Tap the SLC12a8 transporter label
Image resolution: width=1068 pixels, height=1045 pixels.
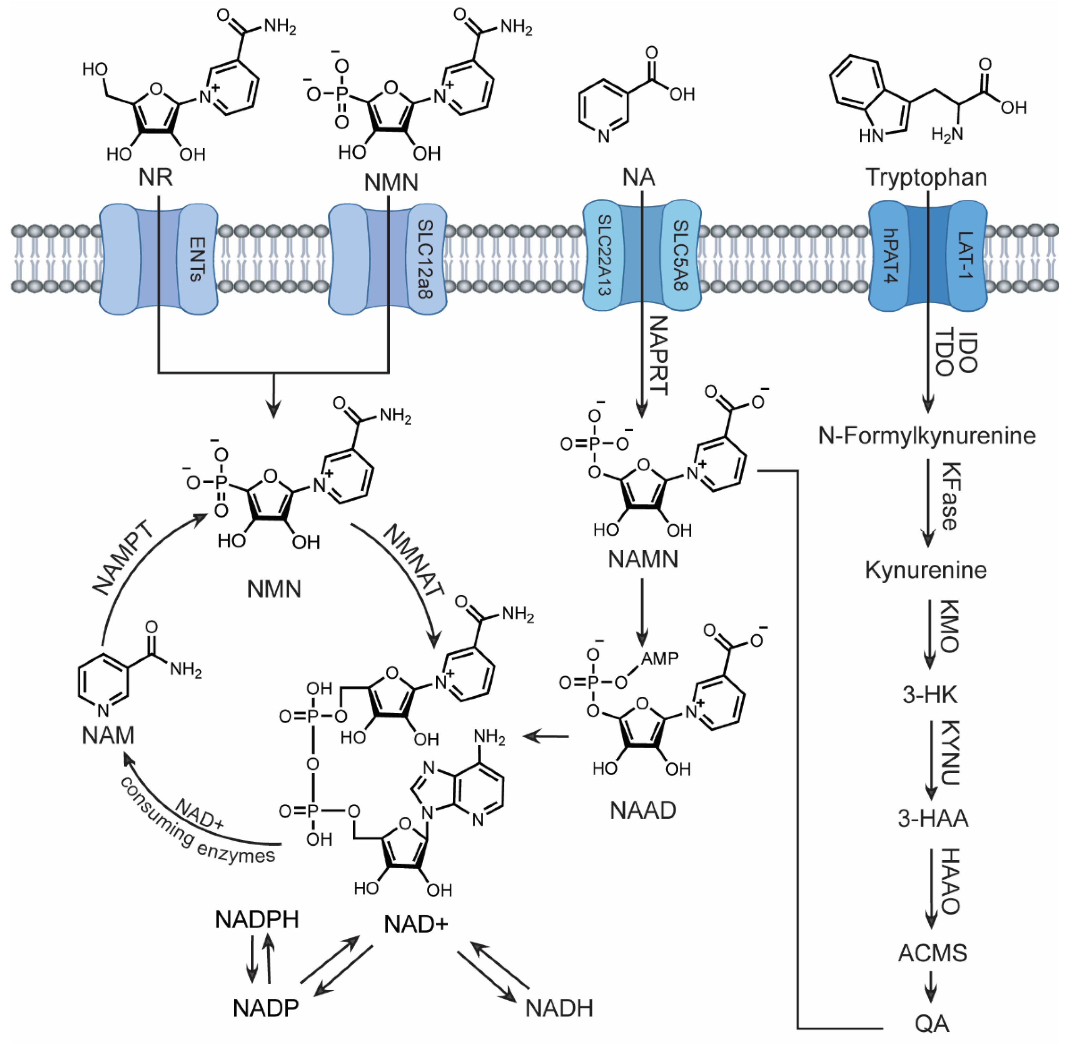tap(425, 259)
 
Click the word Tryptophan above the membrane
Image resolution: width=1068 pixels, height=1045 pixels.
tap(926, 177)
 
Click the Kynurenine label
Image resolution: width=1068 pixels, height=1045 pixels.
tap(926, 570)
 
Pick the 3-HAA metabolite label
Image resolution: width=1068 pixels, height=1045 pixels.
tap(933, 818)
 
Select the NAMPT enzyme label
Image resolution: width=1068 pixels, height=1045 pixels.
tap(124, 558)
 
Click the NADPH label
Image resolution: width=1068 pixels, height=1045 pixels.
tap(257, 920)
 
